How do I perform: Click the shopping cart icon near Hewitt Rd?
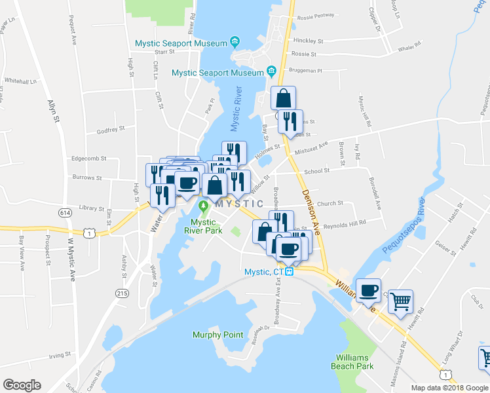[400, 302]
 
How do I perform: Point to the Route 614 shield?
[64, 213]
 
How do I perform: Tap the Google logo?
[22, 385]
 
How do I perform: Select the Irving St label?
[59, 355]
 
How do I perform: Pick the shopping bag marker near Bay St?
[283, 98]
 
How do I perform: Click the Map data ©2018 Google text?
[449, 388]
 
